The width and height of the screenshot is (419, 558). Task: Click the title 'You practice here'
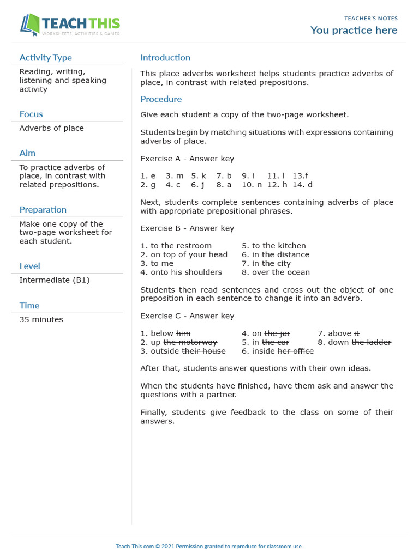coord(354,31)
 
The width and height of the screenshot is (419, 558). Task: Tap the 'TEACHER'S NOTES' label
coord(371,19)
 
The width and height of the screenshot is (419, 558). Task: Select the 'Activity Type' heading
coord(45,58)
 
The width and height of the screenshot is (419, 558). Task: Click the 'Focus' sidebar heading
coord(31,114)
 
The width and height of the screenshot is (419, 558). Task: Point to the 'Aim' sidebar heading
coord(27,153)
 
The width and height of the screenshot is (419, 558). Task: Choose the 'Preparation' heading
coord(43,210)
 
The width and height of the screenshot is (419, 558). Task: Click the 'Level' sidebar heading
coord(29,266)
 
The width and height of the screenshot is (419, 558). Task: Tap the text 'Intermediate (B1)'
coord(55,280)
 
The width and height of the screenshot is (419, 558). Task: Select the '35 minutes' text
coord(41,319)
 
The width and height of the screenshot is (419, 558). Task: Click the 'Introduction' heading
coord(165,58)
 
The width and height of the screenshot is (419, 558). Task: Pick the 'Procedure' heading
coord(161,99)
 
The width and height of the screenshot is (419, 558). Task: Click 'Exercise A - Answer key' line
coord(187,159)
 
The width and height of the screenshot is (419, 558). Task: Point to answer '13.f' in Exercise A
coord(300,176)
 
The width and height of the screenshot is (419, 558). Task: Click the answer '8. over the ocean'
coord(276,272)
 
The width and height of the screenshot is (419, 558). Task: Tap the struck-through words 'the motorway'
coord(190,342)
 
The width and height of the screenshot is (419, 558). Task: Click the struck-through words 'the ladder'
coord(371,342)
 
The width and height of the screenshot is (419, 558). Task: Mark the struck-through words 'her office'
coord(295,351)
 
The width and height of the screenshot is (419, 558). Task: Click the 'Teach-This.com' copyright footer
coord(209,546)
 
